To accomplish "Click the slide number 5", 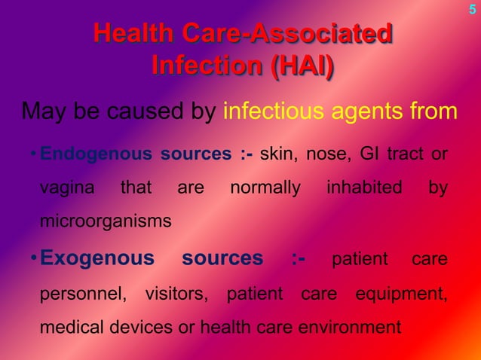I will click(x=473, y=10).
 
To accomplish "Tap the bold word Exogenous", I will click(x=97, y=259).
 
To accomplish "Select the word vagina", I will click(x=66, y=188).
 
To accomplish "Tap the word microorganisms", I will click(x=105, y=222).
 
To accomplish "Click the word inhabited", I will click(x=364, y=188).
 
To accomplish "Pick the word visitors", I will click(x=176, y=294).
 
